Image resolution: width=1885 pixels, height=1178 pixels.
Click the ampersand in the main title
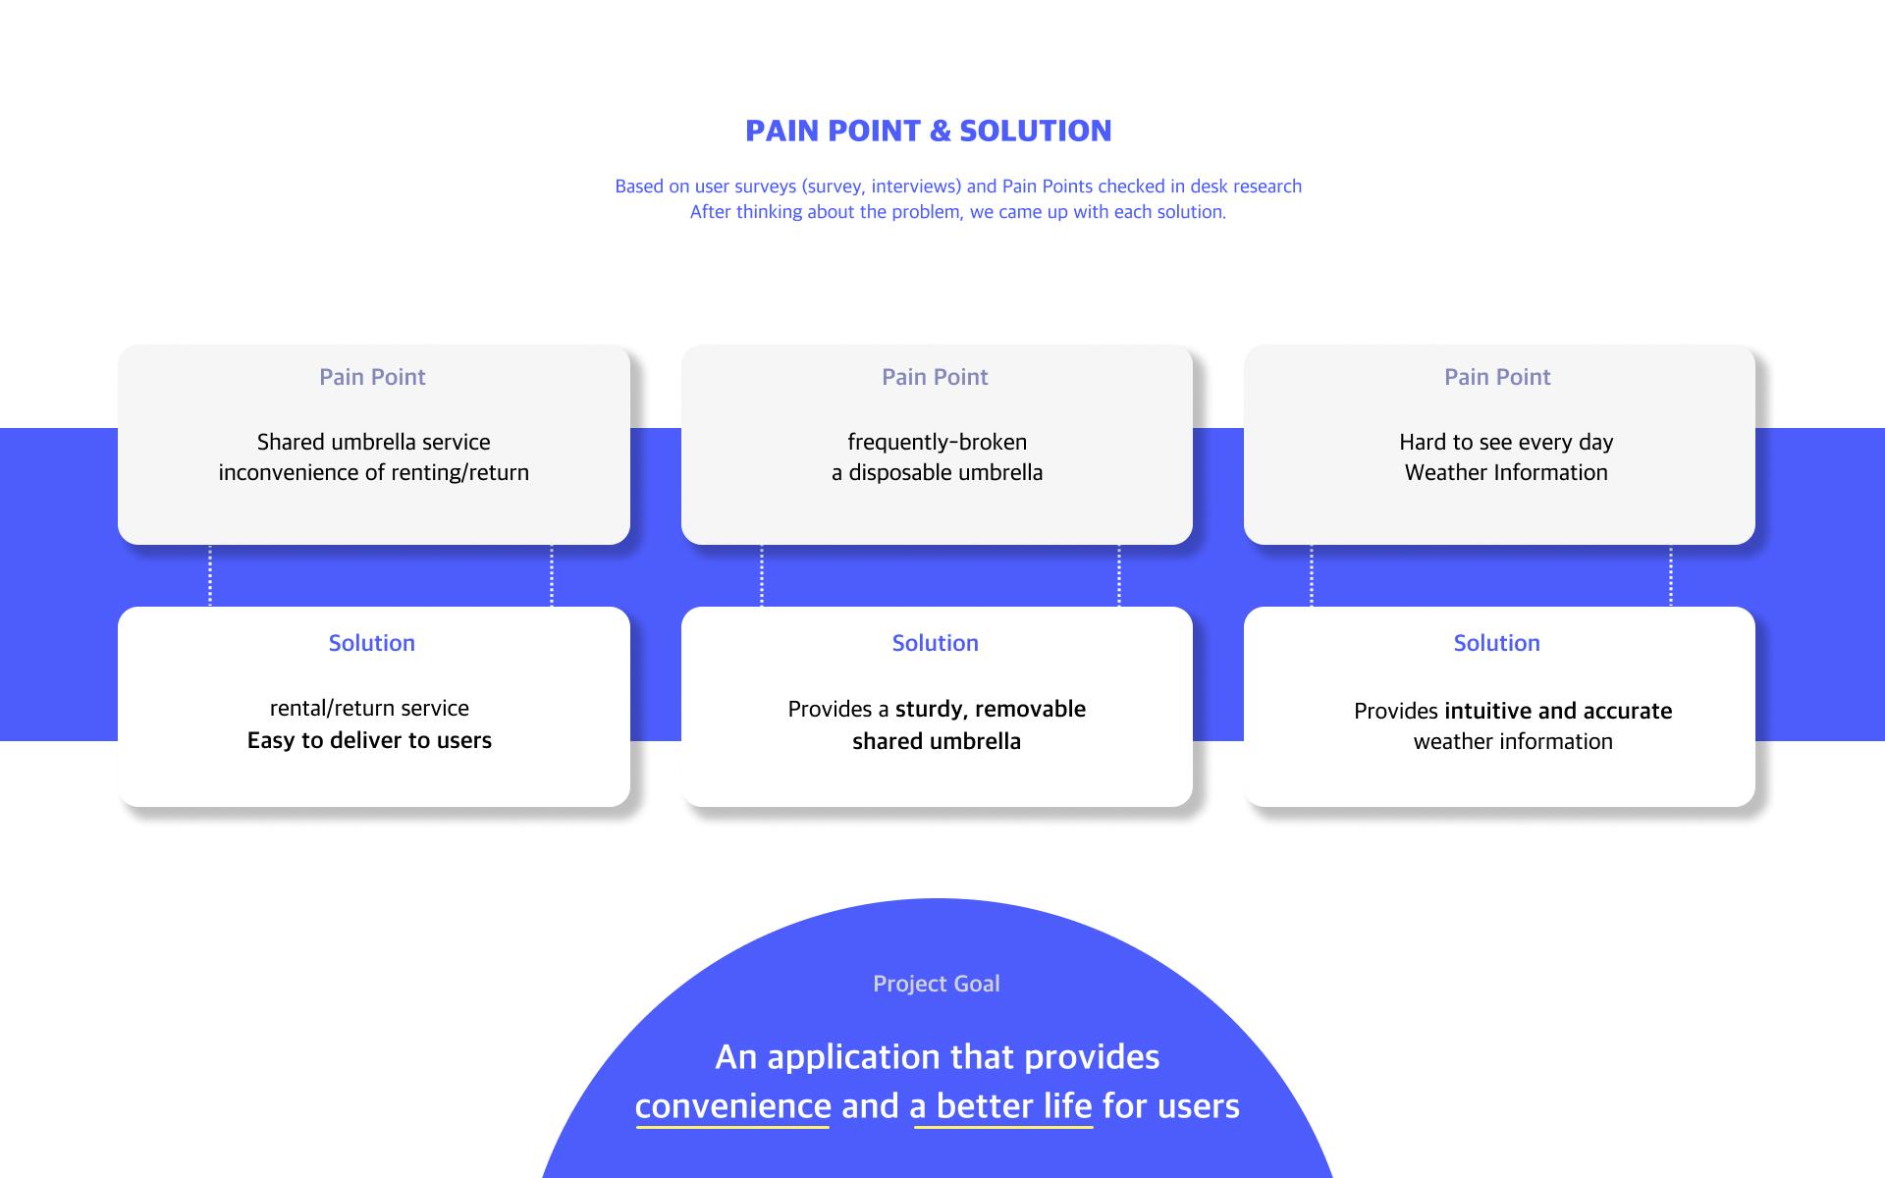pos(940,131)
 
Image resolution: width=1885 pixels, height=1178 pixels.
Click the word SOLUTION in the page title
pos(1036,131)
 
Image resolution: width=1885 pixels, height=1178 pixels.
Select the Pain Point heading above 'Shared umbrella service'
pos(372,377)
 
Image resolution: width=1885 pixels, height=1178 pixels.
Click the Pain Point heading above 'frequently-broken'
pos(935,377)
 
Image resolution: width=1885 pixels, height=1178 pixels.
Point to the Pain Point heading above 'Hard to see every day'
pos(1497,377)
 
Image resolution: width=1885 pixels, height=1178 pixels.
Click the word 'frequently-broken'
pos(938,443)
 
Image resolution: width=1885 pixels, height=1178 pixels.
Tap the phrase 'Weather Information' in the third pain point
pos(1506,472)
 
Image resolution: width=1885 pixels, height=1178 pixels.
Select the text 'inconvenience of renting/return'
pos(373,473)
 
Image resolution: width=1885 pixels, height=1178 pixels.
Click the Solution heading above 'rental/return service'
pos(372,643)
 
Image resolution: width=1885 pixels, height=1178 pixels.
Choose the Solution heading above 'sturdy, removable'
pos(936,643)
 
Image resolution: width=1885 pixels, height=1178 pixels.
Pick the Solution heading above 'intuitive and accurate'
pos(1497,643)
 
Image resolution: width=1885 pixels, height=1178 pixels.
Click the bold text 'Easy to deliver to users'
pos(369,740)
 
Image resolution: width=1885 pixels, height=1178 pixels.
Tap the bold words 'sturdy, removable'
pos(991,710)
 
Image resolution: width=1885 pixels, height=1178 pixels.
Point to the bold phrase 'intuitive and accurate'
pos(1558,711)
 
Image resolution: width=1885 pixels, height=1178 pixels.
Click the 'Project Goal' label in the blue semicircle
pos(937,984)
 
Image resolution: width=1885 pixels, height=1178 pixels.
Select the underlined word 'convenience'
pos(733,1106)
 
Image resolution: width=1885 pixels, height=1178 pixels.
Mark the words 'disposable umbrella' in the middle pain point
pos(945,473)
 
